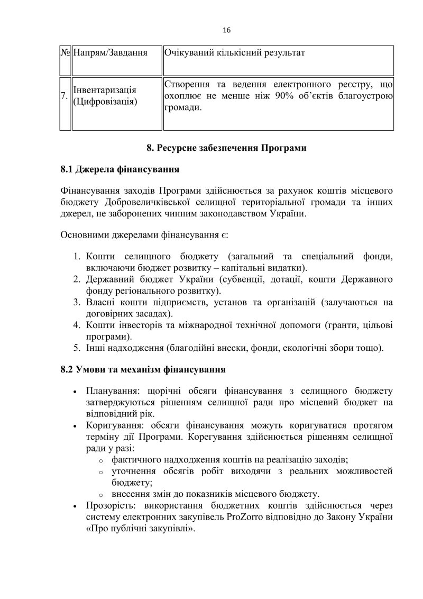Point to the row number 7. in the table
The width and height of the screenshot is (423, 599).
(x=64, y=96)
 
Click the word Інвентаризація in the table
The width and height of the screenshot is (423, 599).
(x=105, y=90)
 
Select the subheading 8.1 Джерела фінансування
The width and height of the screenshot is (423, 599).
(x=119, y=170)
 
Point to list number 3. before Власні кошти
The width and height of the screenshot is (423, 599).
(x=76, y=302)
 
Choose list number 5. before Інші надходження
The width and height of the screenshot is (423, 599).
(x=76, y=348)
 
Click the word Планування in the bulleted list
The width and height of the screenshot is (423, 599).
(x=107, y=391)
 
